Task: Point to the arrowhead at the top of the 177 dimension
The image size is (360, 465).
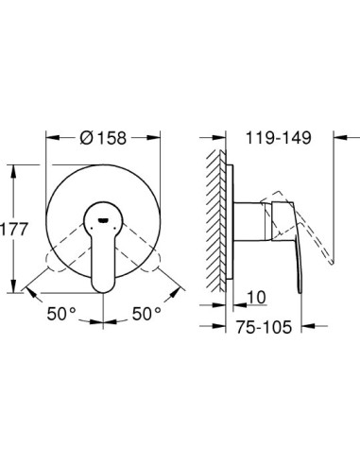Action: point(13,170)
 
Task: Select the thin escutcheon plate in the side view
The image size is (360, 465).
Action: point(228,227)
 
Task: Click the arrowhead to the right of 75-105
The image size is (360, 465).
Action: point(296,327)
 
